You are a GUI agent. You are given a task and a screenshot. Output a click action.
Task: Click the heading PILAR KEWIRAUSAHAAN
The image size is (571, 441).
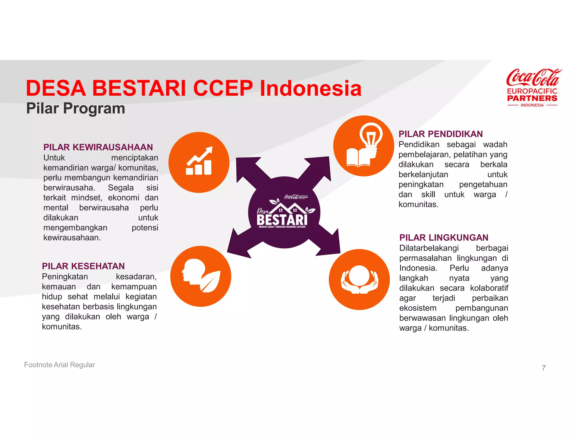pyautogui.click(x=98, y=147)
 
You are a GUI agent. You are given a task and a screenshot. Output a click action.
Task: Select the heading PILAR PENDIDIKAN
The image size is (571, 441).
pyautogui.click(x=440, y=134)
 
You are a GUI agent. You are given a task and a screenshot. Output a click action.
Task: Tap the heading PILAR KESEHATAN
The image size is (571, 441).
pyautogui.click(x=83, y=266)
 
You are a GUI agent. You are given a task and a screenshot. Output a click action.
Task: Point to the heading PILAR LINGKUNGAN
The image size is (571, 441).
pyautogui.click(x=444, y=238)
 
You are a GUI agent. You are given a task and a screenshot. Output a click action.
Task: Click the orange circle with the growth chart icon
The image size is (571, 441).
pyautogui.click(x=199, y=162)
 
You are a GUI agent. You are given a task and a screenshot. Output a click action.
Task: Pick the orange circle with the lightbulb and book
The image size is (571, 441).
pyautogui.click(x=363, y=146)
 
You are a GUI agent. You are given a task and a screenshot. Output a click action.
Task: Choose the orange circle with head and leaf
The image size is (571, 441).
pyautogui.click(x=200, y=276)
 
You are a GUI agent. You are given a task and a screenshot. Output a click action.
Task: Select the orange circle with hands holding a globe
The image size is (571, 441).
pyautogui.click(x=359, y=279)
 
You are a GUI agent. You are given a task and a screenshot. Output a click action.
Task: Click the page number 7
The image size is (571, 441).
pyautogui.click(x=543, y=368)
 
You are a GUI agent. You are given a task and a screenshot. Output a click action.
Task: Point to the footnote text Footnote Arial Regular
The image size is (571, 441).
pyautogui.click(x=59, y=365)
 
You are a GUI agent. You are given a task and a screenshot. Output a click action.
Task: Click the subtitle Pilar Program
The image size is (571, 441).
pyautogui.click(x=76, y=108)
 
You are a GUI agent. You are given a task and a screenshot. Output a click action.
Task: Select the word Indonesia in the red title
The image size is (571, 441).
pyautogui.click(x=311, y=88)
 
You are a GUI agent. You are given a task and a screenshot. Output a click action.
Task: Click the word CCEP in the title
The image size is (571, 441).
pyautogui.click(x=223, y=88)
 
